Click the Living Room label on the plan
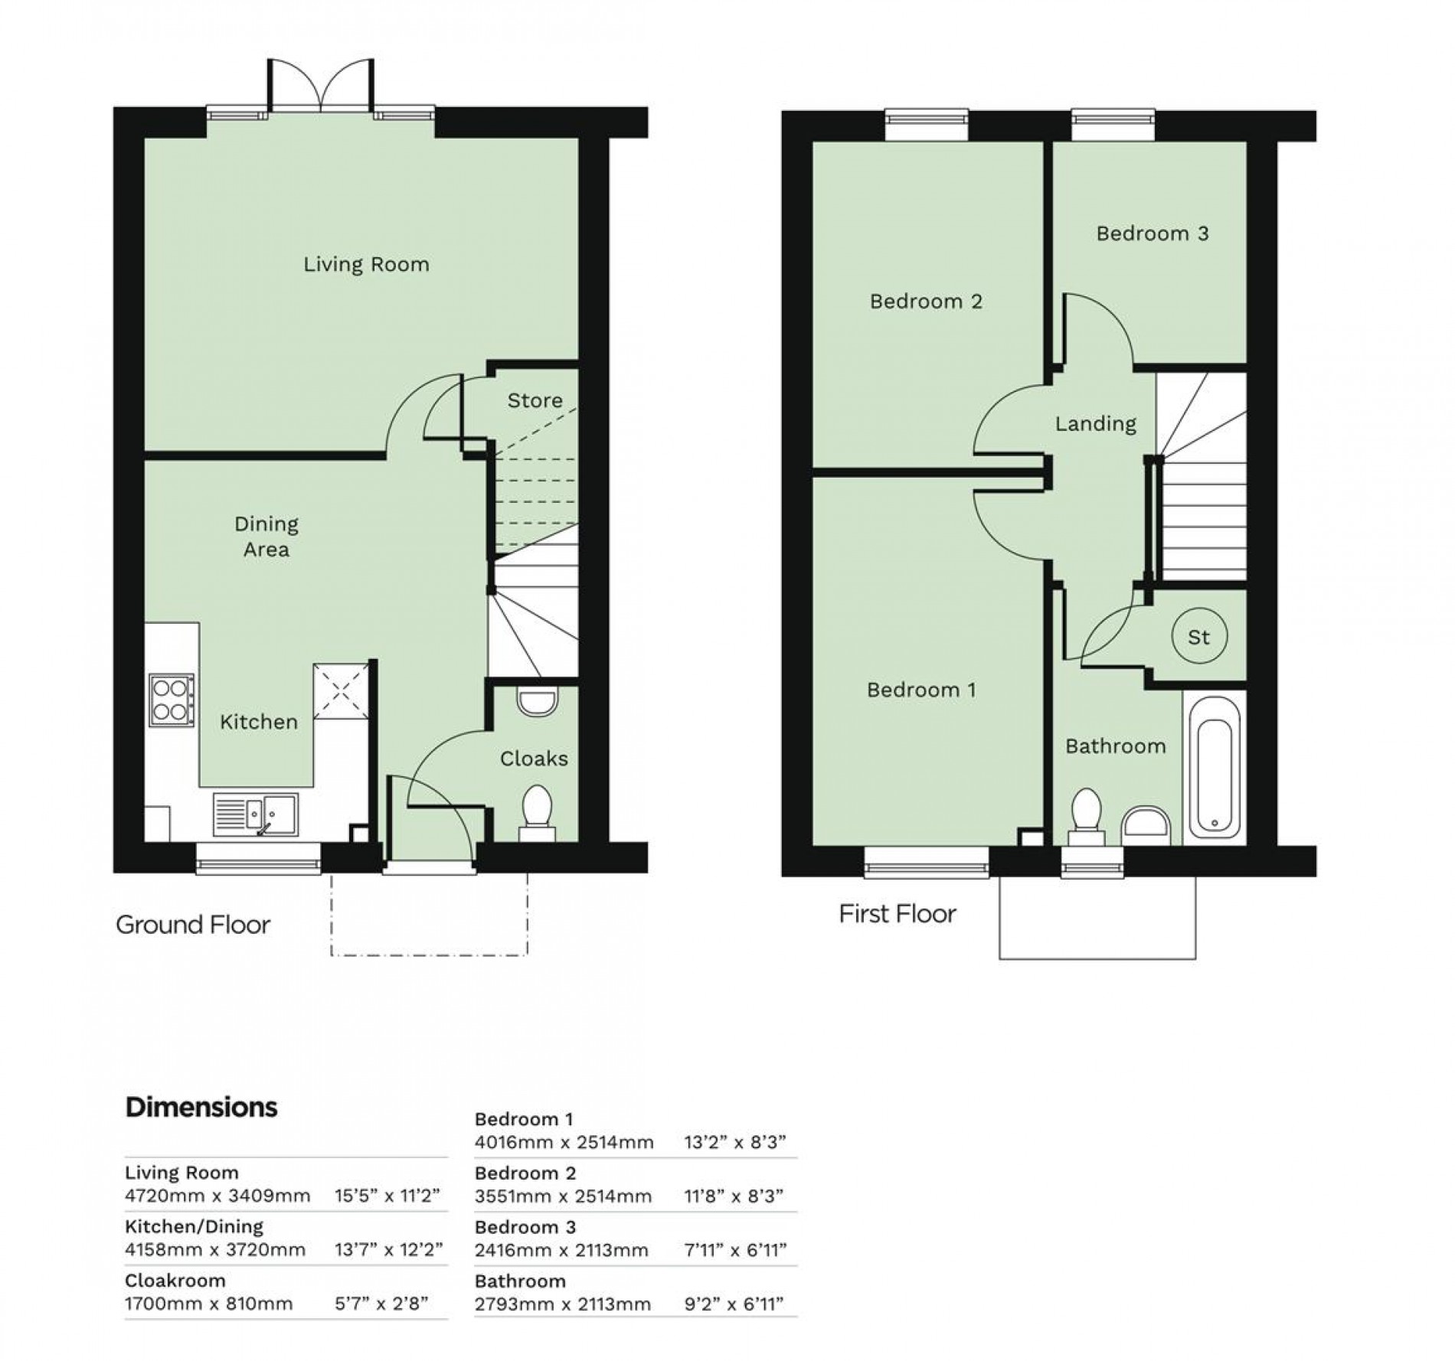tap(366, 265)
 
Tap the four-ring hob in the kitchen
tap(172, 700)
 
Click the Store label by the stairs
tap(535, 400)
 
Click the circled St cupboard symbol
tap(1199, 636)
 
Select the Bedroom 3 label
tap(1152, 233)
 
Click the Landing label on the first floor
tap(1095, 423)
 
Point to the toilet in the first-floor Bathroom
tap(1086, 814)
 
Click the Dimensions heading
tap(201, 1107)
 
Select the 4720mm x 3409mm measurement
tap(217, 1196)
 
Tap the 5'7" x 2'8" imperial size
tap(381, 1304)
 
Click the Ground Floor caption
tap(193, 925)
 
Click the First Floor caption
tap(898, 913)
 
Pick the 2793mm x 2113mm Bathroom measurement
tap(563, 1304)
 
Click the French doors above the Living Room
tap(321, 86)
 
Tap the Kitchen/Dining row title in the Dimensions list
tap(194, 1226)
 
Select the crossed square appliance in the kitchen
tap(342, 691)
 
